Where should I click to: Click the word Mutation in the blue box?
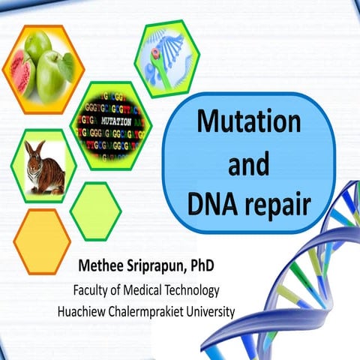[248, 121]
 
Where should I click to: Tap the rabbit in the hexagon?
[40, 166]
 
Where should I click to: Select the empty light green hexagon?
[95, 211]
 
